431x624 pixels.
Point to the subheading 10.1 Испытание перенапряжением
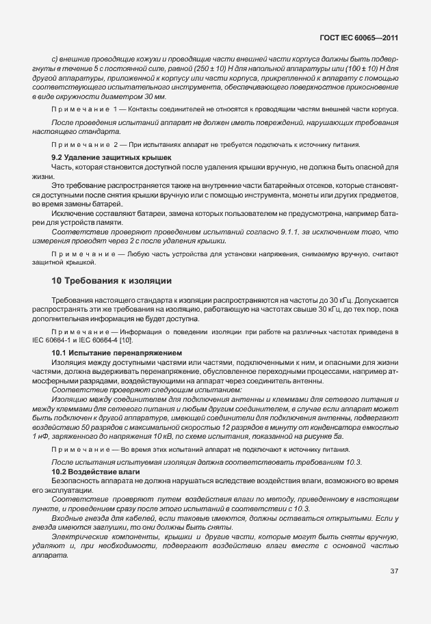point(107,352)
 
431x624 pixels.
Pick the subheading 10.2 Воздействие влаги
point(96,472)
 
